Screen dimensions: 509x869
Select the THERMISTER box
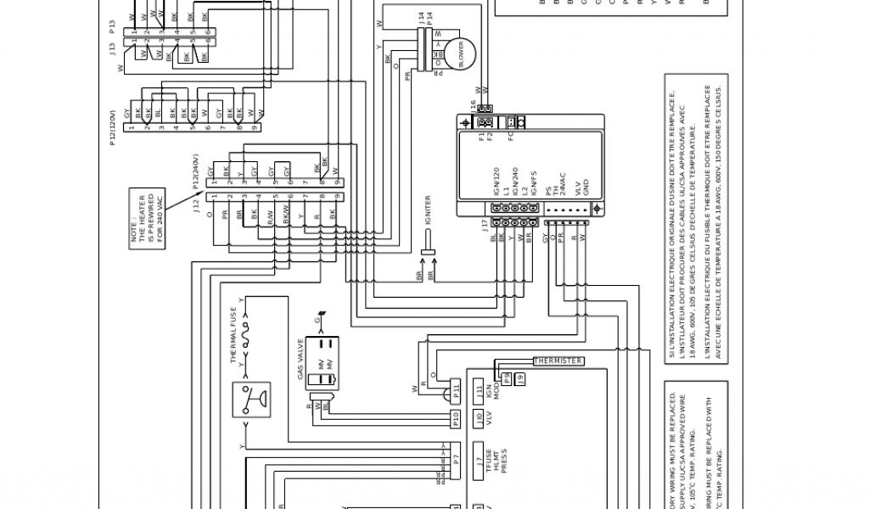tap(558, 361)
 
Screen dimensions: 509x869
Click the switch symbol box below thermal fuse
tap(249, 400)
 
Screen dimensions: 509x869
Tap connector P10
tap(456, 417)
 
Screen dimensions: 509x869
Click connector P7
tap(456, 459)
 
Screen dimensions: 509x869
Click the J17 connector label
tap(484, 225)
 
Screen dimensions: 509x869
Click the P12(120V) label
tap(113, 127)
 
